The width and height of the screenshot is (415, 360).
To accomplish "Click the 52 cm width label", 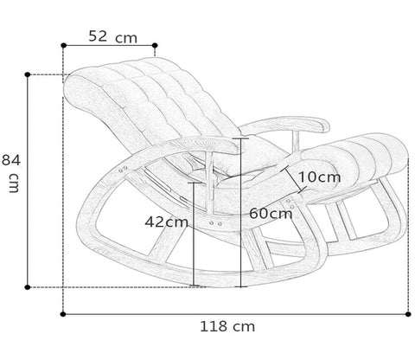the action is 112,36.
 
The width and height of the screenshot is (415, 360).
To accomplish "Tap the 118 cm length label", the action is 227,326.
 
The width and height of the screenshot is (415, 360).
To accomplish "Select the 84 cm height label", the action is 11,173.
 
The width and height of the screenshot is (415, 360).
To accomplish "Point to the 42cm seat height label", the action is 167,222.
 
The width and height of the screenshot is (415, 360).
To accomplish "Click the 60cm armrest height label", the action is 271,214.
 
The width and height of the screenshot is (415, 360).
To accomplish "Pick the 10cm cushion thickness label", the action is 319,177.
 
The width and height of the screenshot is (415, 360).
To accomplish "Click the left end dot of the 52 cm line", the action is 64,45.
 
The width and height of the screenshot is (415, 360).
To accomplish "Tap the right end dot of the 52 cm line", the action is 155,45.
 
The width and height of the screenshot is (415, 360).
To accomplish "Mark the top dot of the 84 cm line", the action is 28,74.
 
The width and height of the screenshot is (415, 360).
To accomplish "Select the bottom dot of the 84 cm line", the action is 28,287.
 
